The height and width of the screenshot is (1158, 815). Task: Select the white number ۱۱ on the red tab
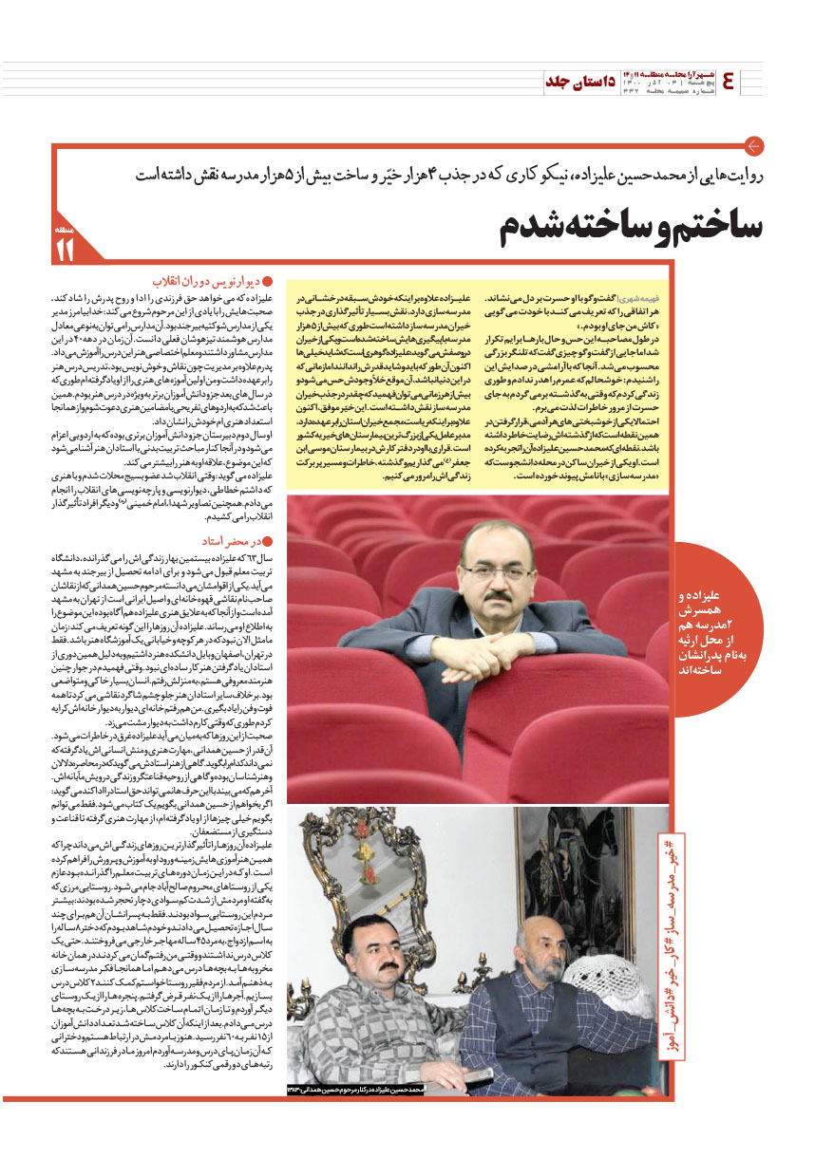64,250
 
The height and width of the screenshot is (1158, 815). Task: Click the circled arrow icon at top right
754,146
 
